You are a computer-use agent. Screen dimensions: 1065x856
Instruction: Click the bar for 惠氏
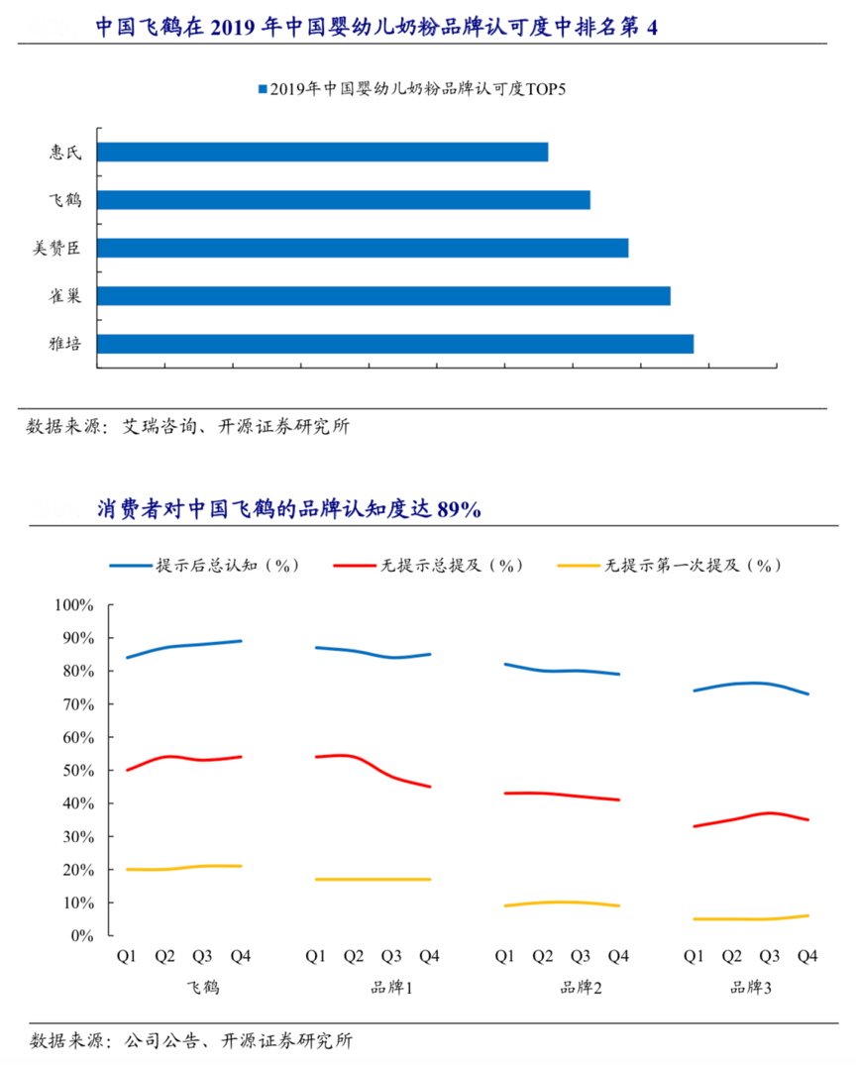click(322, 152)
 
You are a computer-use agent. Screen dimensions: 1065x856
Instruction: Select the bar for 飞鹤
click(344, 200)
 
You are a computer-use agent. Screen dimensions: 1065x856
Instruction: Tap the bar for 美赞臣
click(363, 248)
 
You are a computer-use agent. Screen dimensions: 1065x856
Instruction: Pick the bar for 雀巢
click(383, 295)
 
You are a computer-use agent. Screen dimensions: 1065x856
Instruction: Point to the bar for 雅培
click(395, 344)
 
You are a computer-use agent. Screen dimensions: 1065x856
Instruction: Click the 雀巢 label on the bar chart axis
click(65, 295)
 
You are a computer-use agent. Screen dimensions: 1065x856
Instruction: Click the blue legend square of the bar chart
click(263, 89)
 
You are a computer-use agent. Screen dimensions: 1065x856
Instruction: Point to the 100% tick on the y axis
click(74, 605)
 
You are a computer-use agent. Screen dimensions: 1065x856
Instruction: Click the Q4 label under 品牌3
click(807, 956)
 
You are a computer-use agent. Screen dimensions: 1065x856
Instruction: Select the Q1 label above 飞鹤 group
click(127, 956)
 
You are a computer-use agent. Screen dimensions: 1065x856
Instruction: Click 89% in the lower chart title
click(461, 510)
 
